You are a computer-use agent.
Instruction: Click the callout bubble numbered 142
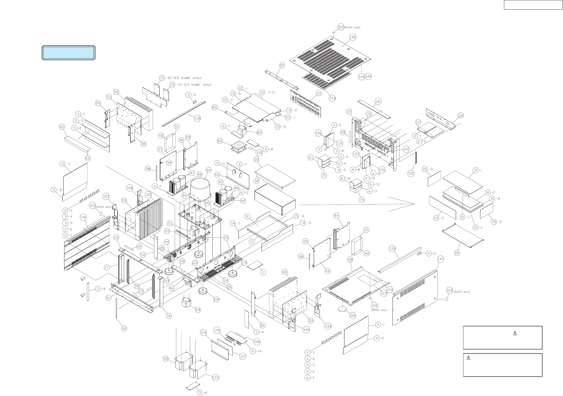click(353, 37)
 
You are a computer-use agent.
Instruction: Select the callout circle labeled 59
click(282, 65)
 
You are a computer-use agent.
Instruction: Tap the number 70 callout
click(319, 93)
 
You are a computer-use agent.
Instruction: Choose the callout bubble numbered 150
click(411, 173)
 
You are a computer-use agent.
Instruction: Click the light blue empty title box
click(68, 53)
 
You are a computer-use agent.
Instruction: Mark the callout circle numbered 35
click(457, 253)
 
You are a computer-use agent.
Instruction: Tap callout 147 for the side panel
click(440, 259)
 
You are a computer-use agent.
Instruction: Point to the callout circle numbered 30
click(124, 328)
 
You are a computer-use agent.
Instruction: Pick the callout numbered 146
click(83, 217)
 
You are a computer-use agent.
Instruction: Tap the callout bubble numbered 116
click(460, 116)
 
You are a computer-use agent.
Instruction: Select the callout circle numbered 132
click(284, 272)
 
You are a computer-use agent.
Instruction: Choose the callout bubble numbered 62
click(62, 127)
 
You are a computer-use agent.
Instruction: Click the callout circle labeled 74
click(362, 199)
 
